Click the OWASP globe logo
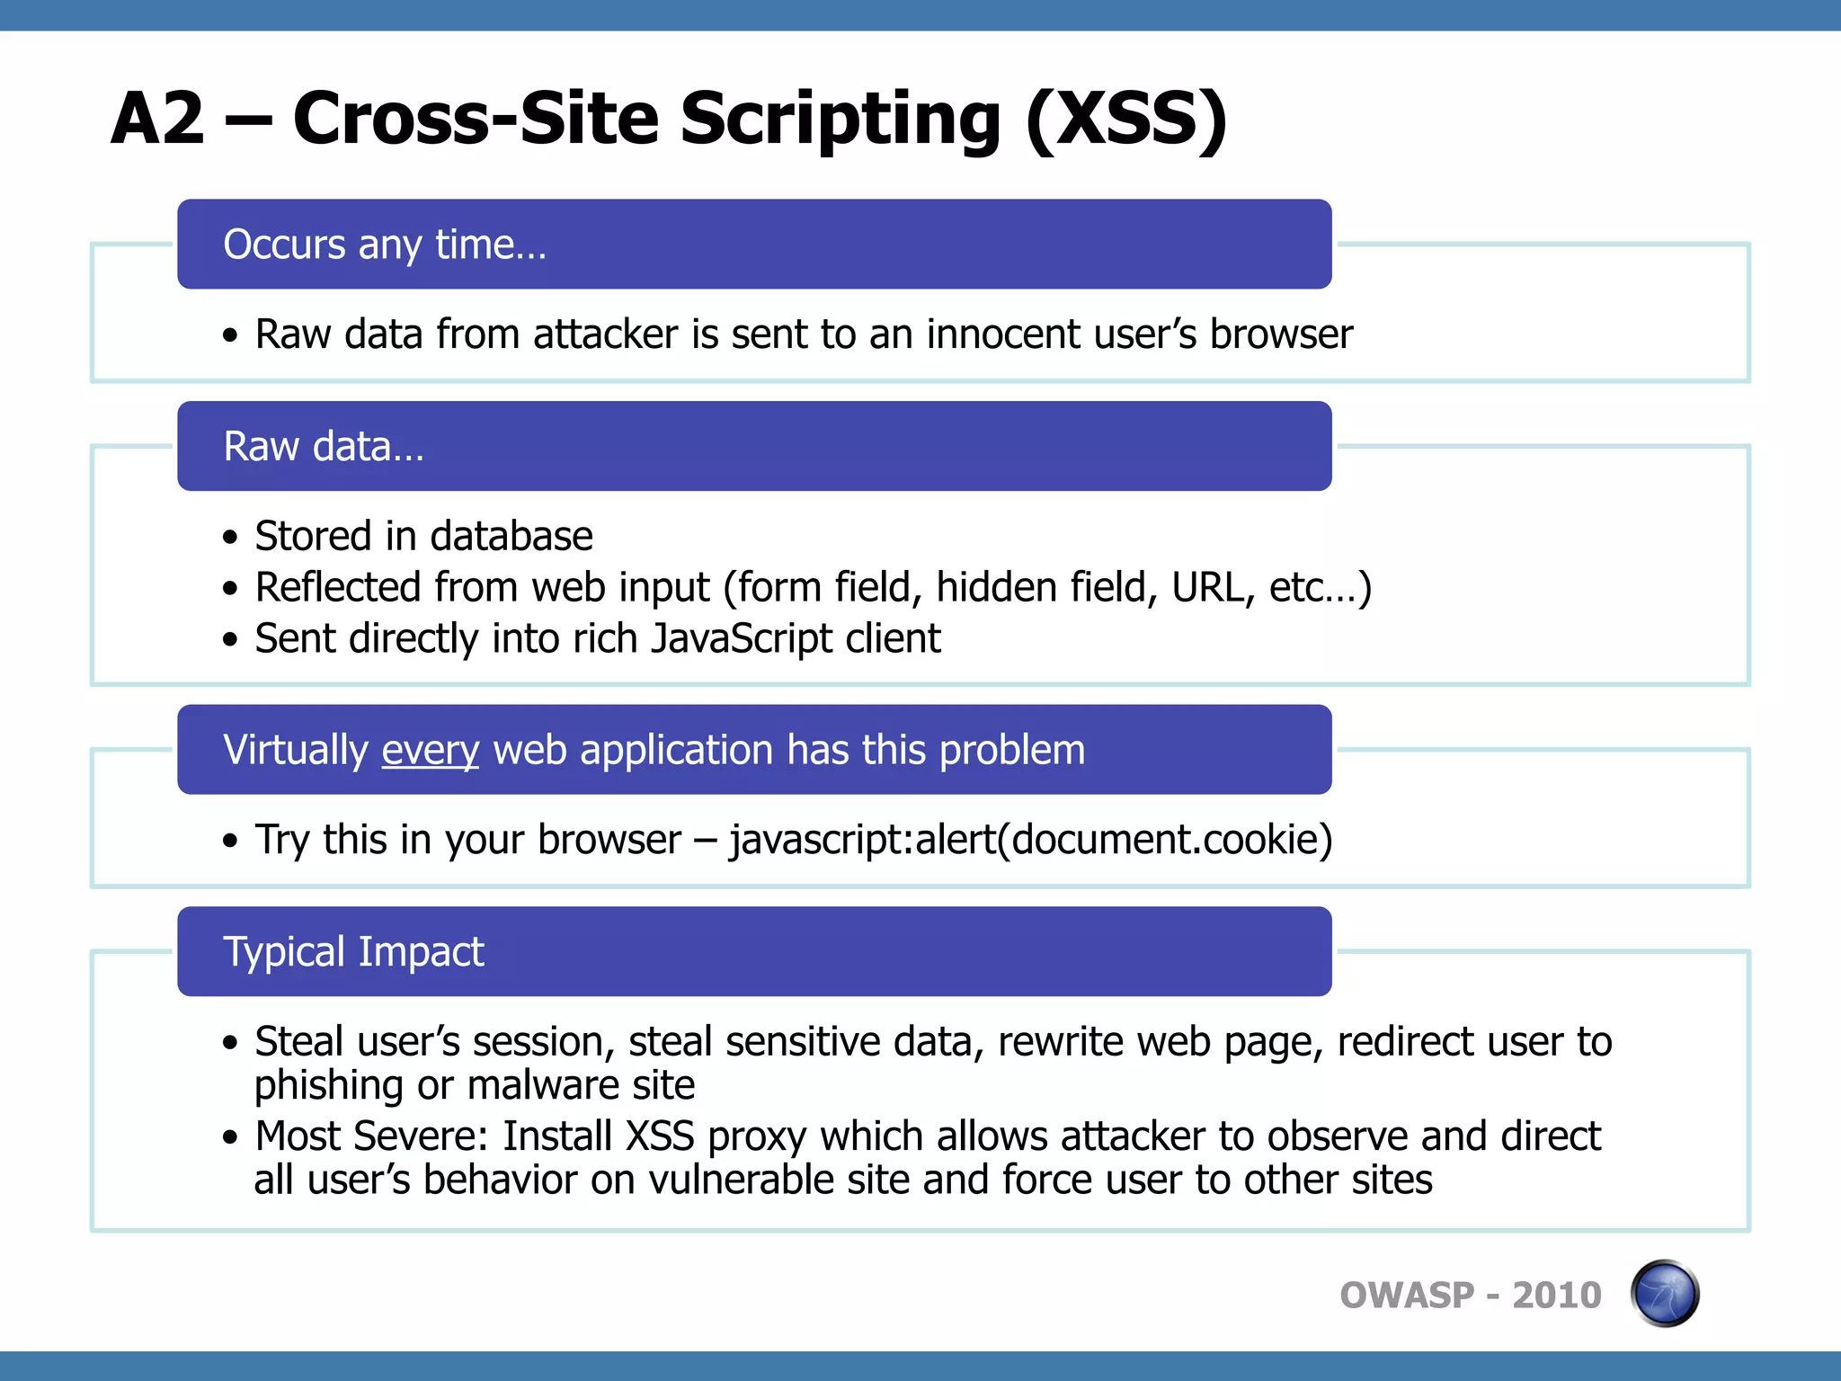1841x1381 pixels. [1664, 1294]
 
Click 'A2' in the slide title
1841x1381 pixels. [158, 118]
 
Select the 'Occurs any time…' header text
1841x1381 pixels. [385, 245]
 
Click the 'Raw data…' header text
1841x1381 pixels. [324, 447]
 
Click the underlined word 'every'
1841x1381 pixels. [431, 750]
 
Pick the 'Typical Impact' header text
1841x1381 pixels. [354, 952]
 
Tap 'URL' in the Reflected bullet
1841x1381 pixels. [1213, 587]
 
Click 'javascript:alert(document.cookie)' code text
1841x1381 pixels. [1030, 840]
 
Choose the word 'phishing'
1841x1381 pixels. [329, 1085]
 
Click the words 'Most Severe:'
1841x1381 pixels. [371, 1136]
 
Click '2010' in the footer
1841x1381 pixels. [1556, 1296]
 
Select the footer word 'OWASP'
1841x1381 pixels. [1407, 1296]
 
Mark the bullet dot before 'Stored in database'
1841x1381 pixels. [231, 538]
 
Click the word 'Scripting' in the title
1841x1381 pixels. [840, 118]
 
